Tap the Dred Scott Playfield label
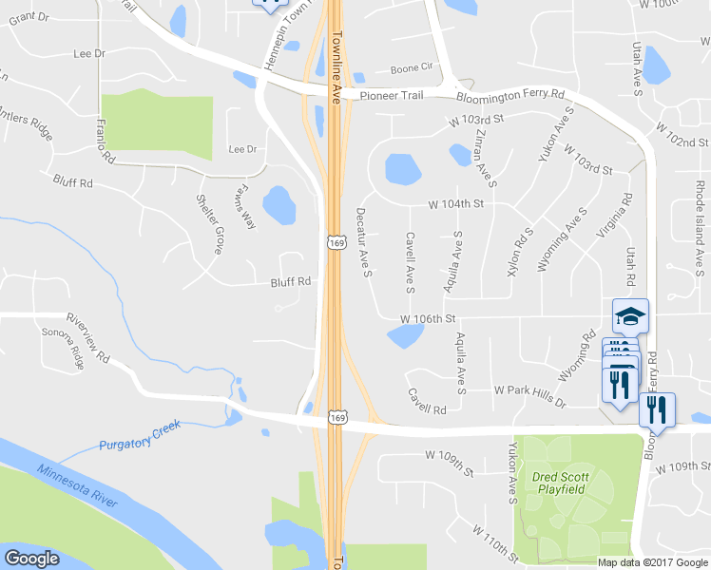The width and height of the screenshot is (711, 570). pos(561,483)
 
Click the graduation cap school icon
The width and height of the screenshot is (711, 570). pos(630,315)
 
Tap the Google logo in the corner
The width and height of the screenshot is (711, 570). pos(31,559)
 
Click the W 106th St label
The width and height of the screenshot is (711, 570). pos(429,317)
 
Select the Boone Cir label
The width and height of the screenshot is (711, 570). pos(412,68)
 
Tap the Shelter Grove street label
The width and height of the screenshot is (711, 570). pos(209,224)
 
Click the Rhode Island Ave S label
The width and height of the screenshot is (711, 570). pos(700,211)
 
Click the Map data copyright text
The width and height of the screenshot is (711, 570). pos(652,562)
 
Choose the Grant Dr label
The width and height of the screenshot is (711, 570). pos(28,18)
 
